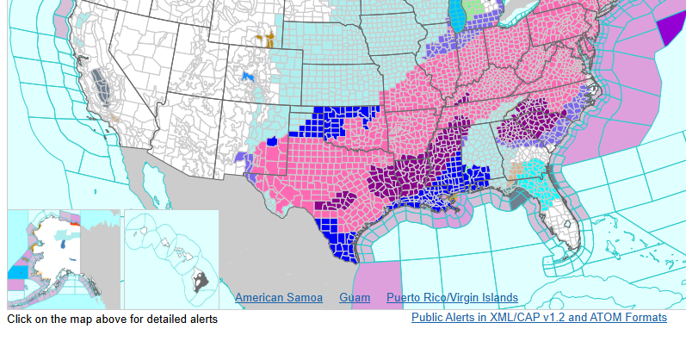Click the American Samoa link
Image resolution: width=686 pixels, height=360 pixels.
(279, 298)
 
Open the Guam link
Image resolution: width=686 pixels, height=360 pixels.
(355, 298)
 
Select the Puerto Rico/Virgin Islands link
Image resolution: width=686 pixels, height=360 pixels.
(452, 298)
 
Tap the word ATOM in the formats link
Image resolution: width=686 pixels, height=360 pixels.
(600, 318)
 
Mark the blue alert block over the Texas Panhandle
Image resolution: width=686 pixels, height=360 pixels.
(333, 120)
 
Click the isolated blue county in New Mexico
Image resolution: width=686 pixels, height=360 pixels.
(273, 140)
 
